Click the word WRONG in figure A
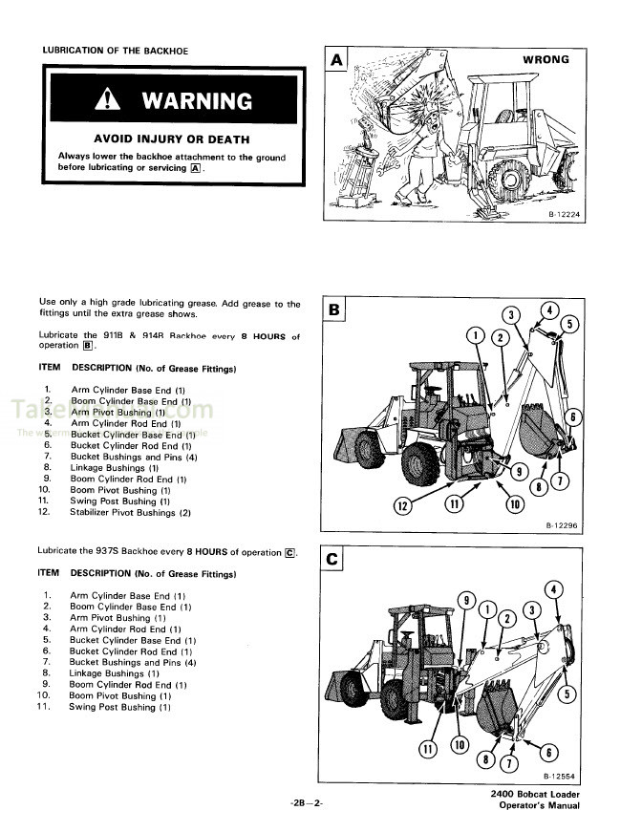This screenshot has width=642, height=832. [546, 60]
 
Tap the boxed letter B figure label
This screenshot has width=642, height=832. [335, 309]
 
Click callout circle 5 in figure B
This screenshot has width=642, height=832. [569, 324]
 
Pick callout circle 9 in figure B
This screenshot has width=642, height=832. [519, 471]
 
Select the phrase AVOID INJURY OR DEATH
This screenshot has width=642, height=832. [172, 139]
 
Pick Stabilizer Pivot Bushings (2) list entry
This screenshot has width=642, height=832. [131, 513]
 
